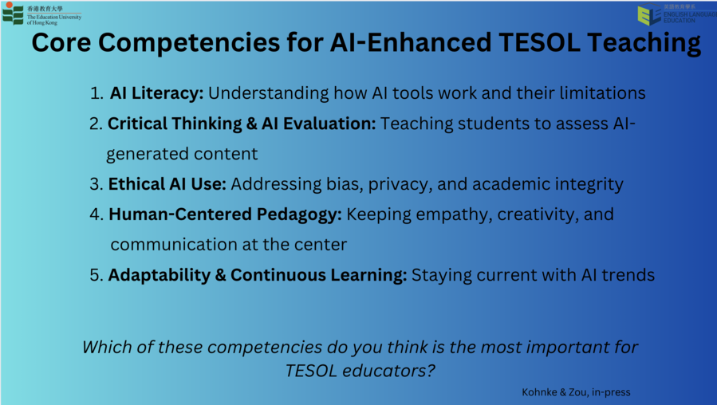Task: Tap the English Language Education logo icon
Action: tap(649, 14)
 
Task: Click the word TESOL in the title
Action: tap(540, 42)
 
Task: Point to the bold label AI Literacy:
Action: tap(156, 93)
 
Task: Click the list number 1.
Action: tap(97, 93)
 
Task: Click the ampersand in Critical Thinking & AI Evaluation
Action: tap(252, 124)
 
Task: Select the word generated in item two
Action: tap(141, 155)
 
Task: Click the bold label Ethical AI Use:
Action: tap(167, 184)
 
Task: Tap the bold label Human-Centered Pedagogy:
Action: tap(225, 214)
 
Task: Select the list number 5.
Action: tap(97, 275)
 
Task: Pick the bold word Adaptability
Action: tap(160, 275)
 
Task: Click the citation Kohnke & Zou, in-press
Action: tap(576, 392)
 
